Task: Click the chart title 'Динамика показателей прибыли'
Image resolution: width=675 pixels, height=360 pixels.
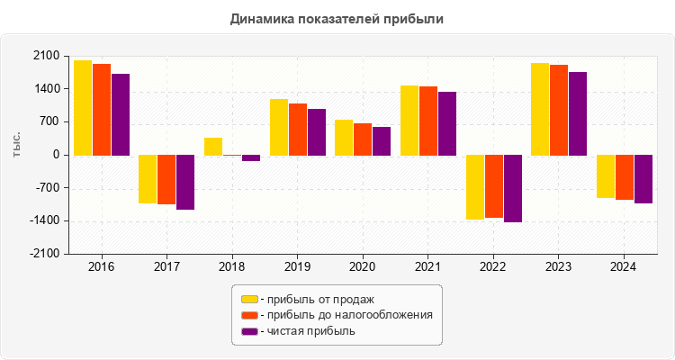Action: pyautogui.click(x=337, y=19)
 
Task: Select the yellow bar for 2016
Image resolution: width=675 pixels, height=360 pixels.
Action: pyautogui.click(x=82, y=108)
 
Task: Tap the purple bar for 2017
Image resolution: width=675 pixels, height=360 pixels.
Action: pyautogui.click(x=185, y=182)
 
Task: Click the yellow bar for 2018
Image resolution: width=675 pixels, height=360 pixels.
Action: pyautogui.click(x=213, y=147)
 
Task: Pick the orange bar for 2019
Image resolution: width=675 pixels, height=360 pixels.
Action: pyautogui.click(x=297, y=130)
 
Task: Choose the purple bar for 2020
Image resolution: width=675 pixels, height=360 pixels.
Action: pyautogui.click(x=382, y=141)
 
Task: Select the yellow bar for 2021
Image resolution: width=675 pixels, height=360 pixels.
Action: pyautogui.click(x=409, y=121)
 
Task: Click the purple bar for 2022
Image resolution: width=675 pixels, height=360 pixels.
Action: pyautogui.click(x=513, y=188)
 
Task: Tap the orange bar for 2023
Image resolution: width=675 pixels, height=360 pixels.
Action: pyautogui.click(x=559, y=110)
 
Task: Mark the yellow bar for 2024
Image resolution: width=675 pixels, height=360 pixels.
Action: pyautogui.click(x=606, y=176)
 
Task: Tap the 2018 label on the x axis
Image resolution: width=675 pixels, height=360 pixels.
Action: pyautogui.click(x=232, y=267)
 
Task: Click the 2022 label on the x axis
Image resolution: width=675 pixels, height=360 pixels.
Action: pyautogui.click(x=493, y=267)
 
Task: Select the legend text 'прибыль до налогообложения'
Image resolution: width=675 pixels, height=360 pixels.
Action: pyautogui.click(x=346, y=315)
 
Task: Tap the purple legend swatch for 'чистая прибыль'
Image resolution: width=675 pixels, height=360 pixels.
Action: pyautogui.click(x=249, y=331)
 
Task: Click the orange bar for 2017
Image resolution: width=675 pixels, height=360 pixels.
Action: pyautogui.click(x=166, y=179)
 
